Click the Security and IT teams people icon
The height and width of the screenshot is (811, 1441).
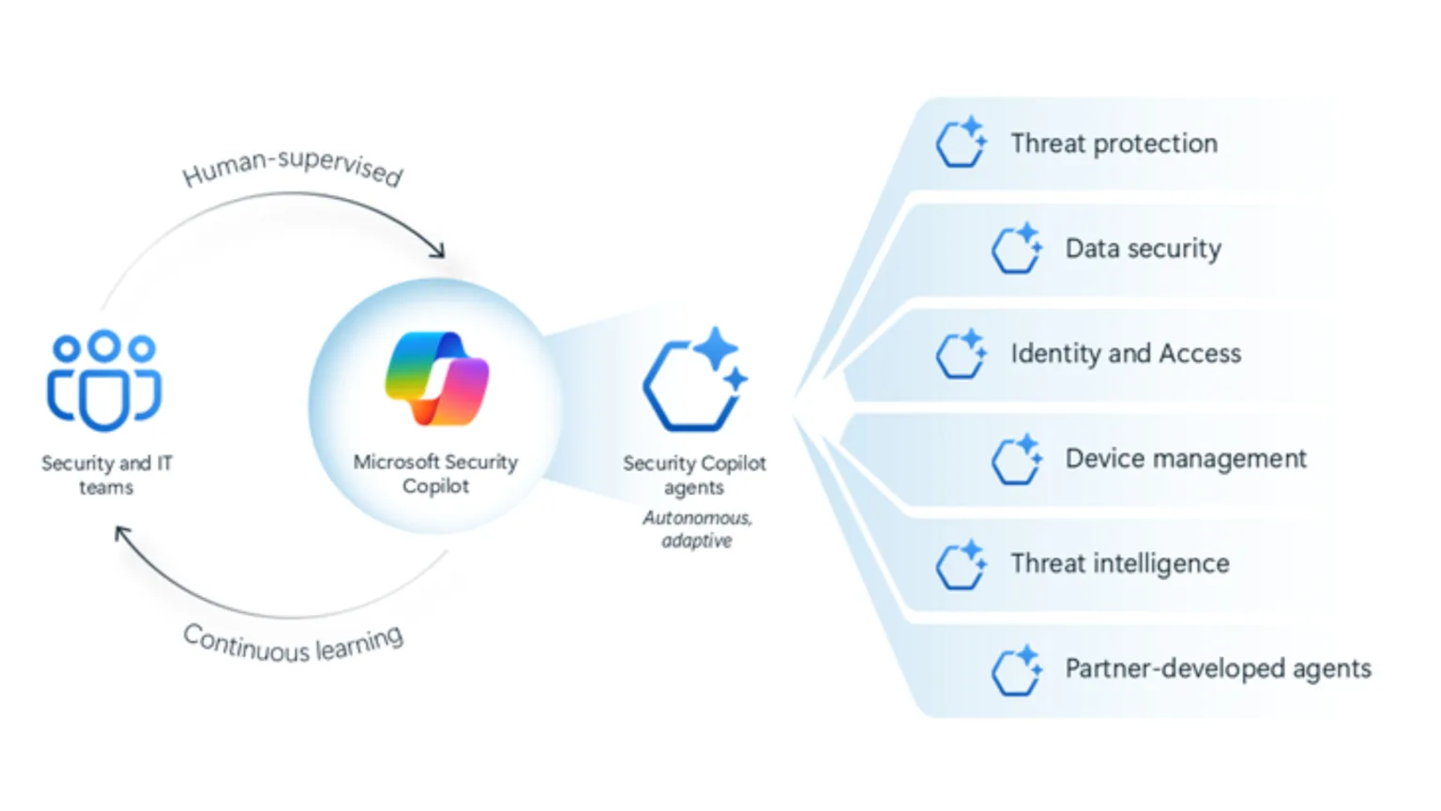104,380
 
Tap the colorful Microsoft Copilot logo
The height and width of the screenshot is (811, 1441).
436,378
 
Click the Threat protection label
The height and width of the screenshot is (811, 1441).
1114,144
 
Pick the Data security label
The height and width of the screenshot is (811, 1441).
1143,249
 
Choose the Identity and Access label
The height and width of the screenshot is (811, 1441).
1125,354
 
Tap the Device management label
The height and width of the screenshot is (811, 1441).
1185,459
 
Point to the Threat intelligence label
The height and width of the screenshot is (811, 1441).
1119,564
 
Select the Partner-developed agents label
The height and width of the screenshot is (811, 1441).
1218,669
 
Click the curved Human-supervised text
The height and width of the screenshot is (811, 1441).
293,167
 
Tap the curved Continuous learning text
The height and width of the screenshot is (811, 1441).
293,645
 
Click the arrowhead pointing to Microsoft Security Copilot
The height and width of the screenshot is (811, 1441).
437,251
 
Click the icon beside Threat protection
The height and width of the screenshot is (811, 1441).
961,143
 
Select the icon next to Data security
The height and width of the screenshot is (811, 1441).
1016,249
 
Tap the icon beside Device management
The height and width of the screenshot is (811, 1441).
1016,459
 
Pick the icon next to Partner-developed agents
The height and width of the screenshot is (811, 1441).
1016,669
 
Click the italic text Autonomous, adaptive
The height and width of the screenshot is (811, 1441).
696,529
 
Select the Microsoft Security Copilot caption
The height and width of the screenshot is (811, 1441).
435,474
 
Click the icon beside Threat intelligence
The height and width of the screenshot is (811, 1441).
961,564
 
